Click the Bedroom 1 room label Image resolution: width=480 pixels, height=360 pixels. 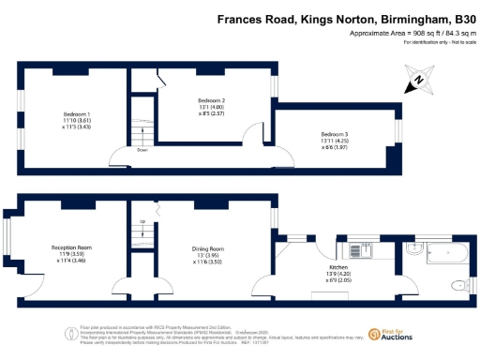pyautogui.click(x=64, y=114)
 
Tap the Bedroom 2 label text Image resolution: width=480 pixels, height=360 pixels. pyautogui.click(x=212, y=100)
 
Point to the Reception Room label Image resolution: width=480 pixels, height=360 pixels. pyautogui.click(x=69, y=247)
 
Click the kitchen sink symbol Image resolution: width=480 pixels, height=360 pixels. pyautogui.click(x=359, y=251)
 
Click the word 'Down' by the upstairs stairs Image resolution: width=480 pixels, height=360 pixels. pyautogui.click(x=142, y=149)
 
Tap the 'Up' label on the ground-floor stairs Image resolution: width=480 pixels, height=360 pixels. pyautogui.click(x=142, y=221)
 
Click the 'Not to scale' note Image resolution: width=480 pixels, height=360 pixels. pyautogui.click(x=456, y=44)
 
